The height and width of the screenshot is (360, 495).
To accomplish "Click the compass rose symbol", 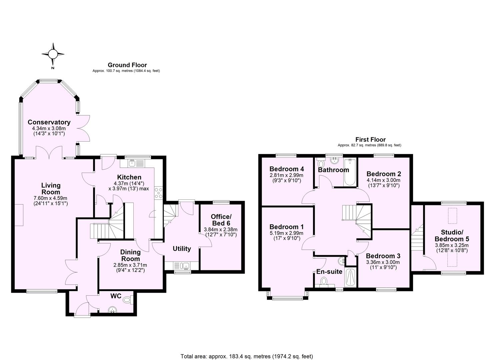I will (x=53, y=54).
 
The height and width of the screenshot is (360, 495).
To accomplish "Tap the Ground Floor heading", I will (x=127, y=65).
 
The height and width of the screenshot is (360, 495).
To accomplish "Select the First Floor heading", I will (x=370, y=140).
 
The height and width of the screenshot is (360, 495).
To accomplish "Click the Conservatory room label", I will (x=49, y=122).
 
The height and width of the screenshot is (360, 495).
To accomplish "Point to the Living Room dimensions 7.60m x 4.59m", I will (x=51, y=198).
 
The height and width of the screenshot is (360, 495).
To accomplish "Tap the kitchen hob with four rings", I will (x=158, y=193).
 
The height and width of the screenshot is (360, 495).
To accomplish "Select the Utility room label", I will (x=182, y=249).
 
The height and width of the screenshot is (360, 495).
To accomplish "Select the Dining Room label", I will (x=130, y=256).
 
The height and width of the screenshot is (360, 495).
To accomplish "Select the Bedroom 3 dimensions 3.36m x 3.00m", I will (x=383, y=262).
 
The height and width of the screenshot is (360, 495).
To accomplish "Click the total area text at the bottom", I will (x=247, y=356).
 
